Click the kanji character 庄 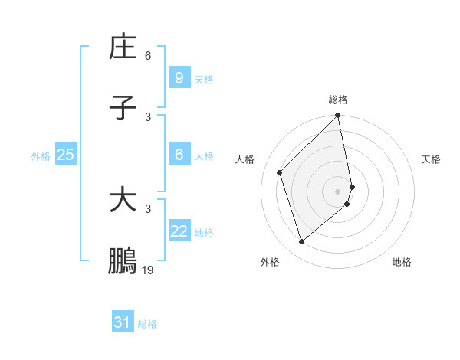[123, 47]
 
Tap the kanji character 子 [123, 109]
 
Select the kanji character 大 [123, 201]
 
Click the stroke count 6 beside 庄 [148, 56]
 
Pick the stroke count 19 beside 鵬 [148, 270]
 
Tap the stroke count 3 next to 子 [148, 117]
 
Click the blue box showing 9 [179, 77]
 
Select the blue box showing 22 [179, 231]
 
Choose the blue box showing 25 [65, 155]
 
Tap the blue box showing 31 [123, 322]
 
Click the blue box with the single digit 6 [179, 155]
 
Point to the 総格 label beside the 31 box [147, 324]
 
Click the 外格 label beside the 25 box [41, 156]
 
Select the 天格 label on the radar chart [431, 159]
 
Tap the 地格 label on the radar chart [402, 262]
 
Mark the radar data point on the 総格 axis [338, 116]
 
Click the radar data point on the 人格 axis [280, 172]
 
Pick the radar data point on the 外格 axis [302, 241]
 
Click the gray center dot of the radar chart [338, 191]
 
